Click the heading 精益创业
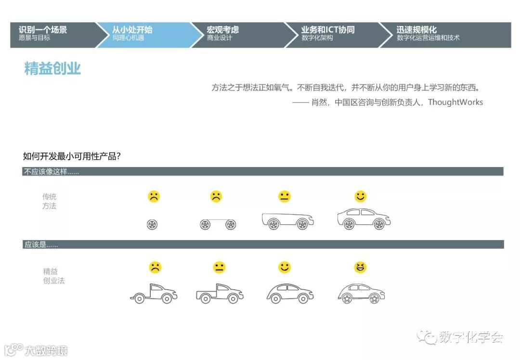click(52, 69)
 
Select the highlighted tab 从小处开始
click(132, 30)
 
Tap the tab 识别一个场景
click(43, 30)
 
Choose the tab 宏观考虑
click(223, 30)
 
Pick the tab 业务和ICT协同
click(328, 30)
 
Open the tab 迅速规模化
click(416, 30)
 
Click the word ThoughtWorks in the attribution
click(455, 102)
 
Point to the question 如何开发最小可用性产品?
click(72, 156)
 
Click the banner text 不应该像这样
click(51, 172)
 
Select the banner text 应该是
click(41, 245)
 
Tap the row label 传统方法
click(49, 201)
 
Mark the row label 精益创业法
click(53, 276)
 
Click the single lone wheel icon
click(152, 224)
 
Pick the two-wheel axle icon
click(218, 224)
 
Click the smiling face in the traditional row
click(360, 196)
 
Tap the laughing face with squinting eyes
click(360, 267)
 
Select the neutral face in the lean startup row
click(219, 268)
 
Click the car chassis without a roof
click(287, 220)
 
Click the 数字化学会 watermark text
click(471, 337)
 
